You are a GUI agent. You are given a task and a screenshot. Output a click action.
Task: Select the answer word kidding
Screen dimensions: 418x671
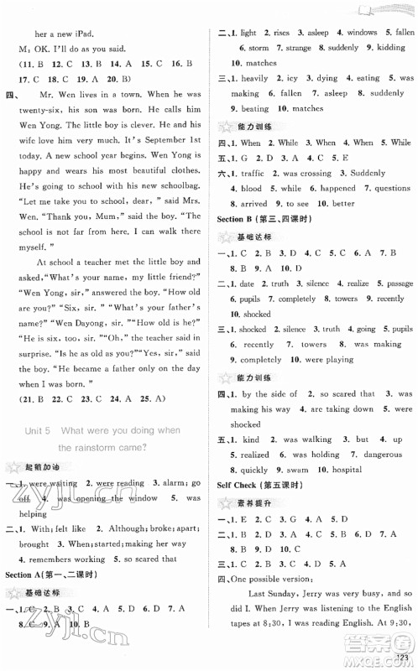389,47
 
